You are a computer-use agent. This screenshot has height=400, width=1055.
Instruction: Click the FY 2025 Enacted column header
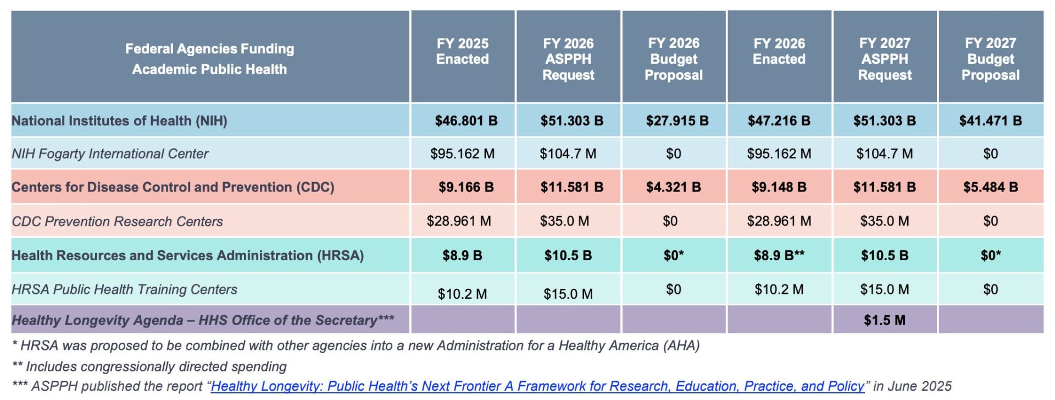tap(462, 51)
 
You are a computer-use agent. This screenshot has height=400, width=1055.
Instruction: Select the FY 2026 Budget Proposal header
tap(673, 59)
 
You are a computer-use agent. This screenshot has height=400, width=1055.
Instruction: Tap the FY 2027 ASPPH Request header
tap(884, 59)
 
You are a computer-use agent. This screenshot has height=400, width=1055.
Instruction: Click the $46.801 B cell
tap(466, 120)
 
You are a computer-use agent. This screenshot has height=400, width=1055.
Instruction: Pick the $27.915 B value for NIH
tap(677, 120)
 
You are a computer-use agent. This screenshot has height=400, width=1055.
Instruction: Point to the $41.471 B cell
tap(990, 120)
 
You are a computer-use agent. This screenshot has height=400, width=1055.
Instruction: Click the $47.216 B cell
tap(779, 120)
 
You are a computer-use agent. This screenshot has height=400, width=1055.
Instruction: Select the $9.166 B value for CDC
tap(466, 187)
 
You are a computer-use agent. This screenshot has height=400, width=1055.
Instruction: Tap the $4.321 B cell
tap(673, 187)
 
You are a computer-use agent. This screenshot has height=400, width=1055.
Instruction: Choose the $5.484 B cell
tap(990, 187)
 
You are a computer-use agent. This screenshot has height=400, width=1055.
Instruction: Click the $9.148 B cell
tap(779, 187)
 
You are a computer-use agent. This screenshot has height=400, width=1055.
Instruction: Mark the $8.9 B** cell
tap(779, 255)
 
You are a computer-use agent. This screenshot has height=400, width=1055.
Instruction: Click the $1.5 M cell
tap(884, 320)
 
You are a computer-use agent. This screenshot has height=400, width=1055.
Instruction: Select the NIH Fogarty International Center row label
tap(110, 154)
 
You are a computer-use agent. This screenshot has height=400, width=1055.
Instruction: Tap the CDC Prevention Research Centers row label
tap(117, 221)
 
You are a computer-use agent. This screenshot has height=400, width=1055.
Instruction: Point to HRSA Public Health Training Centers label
tap(124, 289)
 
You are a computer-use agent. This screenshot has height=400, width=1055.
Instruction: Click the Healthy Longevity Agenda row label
tap(203, 320)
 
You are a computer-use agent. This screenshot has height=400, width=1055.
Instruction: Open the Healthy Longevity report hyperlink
tap(537, 386)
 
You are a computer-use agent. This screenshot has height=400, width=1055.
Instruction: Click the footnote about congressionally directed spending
tap(149, 366)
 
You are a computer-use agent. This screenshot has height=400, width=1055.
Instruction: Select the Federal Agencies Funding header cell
tap(209, 59)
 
